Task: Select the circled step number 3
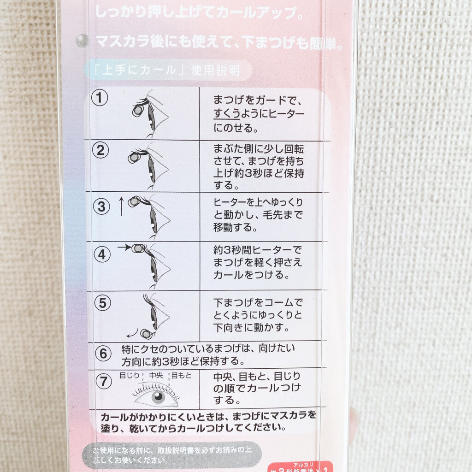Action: pos(102,206)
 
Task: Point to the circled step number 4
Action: pos(102,254)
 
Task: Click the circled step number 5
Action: pos(102,303)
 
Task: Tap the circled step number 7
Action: pos(104,382)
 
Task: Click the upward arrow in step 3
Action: pos(121,206)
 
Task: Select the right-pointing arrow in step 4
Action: pos(124,248)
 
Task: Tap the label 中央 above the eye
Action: pos(157,375)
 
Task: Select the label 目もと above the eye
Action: pos(181,375)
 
